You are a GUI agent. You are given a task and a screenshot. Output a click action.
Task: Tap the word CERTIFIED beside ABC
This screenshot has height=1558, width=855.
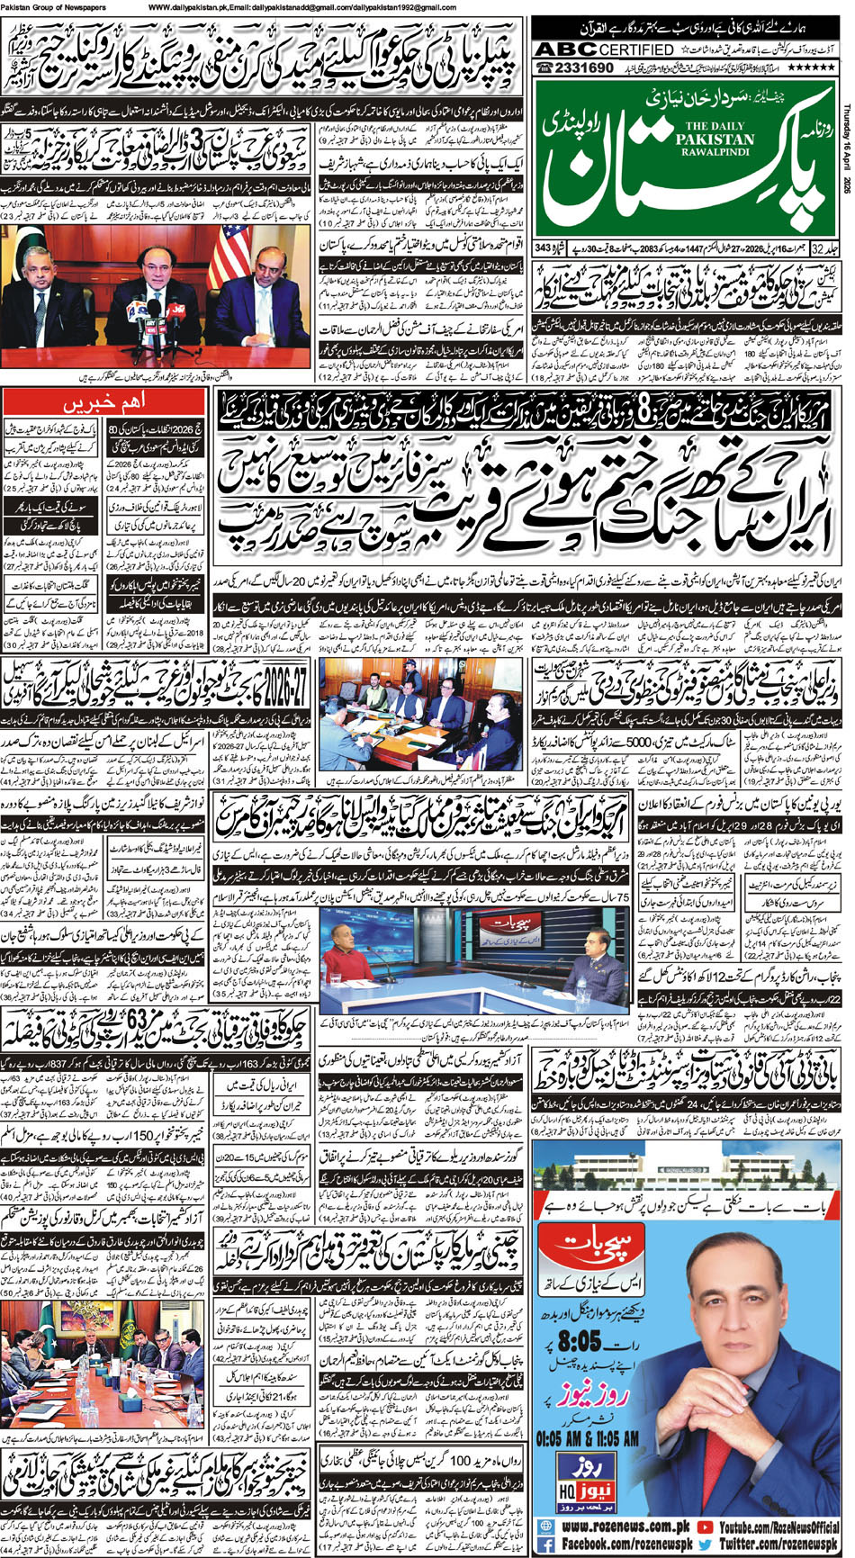tap(635, 50)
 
